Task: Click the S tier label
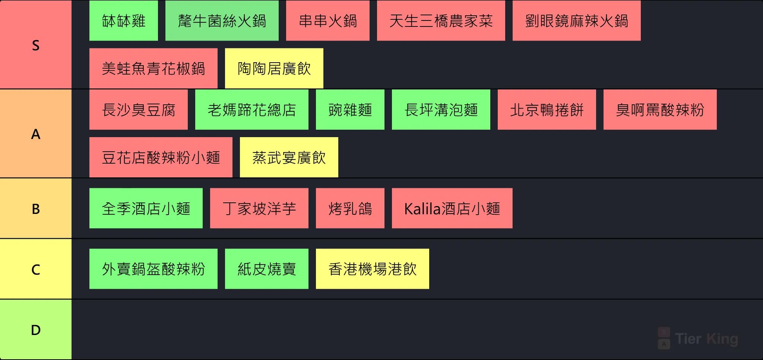click(36, 45)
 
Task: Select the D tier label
click(36, 329)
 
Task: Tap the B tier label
click(36, 209)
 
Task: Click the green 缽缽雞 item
click(124, 21)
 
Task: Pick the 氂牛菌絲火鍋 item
click(222, 21)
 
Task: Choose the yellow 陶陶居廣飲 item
click(274, 68)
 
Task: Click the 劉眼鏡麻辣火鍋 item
click(577, 21)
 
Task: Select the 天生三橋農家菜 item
click(441, 21)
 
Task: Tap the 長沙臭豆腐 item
click(139, 110)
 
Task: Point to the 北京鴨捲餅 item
click(547, 110)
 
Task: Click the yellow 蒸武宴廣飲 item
click(289, 157)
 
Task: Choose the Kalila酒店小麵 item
click(452, 208)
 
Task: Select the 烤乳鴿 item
click(350, 208)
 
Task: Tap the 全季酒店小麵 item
click(146, 208)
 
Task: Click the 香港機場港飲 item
click(373, 269)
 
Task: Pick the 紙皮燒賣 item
click(267, 269)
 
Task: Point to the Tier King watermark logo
click(698, 338)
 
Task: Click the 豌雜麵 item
click(350, 110)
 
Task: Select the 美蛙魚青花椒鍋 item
click(153, 68)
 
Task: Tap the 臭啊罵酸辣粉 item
click(660, 110)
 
